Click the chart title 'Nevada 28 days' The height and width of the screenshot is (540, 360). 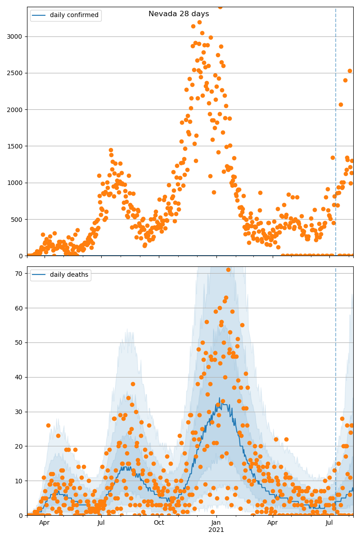tap(179, 14)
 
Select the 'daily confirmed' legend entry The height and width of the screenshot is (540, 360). tap(74, 15)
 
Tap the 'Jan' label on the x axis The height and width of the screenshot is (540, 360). tap(216, 522)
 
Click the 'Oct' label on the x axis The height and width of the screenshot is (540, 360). tap(159, 522)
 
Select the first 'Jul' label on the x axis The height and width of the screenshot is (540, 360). tap(101, 522)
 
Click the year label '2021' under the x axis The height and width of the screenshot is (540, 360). tap(216, 530)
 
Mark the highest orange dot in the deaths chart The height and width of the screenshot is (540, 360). tap(228, 270)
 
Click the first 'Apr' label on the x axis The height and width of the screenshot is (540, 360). tap(44, 522)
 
